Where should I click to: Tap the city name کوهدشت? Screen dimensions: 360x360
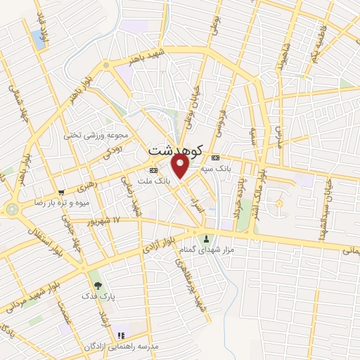[x=176, y=150]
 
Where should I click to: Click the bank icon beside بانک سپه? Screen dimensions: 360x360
[x=215, y=157]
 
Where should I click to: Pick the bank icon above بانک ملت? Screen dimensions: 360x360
[x=153, y=170]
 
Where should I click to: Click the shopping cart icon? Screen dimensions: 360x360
[x=62, y=192]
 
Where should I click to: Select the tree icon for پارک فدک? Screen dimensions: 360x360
[x=97, y=285]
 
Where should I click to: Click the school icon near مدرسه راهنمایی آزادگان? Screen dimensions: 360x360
[x=121, y=335]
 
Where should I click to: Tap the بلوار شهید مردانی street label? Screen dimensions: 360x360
[x=31, y=292]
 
